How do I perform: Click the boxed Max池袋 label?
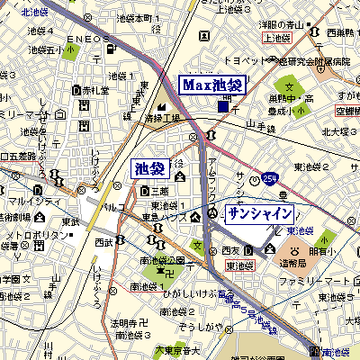pos(212,85)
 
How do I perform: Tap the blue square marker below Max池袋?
pos(223,107)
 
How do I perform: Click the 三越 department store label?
pos(159,191)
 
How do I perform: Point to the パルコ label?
pos(114,208)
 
